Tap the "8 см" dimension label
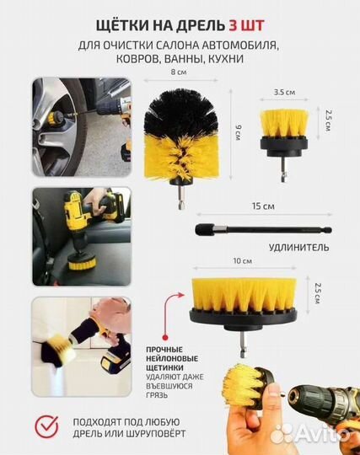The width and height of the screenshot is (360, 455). pyautogui.click(x=176, y=73)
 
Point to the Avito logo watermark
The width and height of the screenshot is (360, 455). pyautogui.click(x=325, y=434)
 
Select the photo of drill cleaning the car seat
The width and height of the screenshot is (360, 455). pyautogui.click(x=82, y=234)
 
